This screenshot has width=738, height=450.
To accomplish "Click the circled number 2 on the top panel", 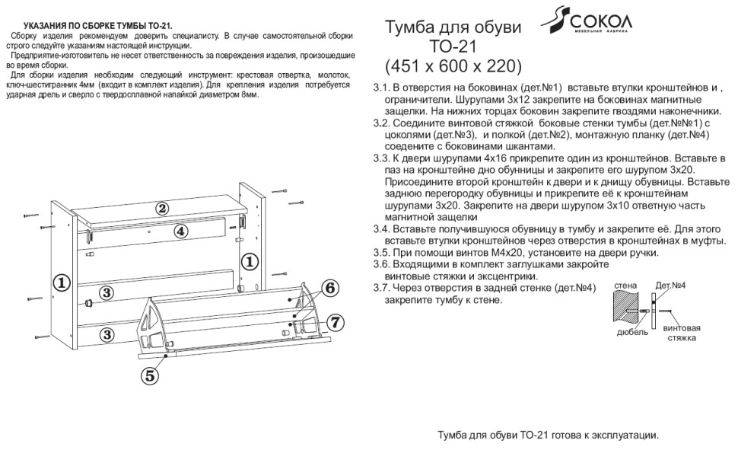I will [162, 208].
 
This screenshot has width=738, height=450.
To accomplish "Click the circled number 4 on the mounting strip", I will [180, 231].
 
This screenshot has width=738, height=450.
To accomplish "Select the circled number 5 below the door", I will [150, 374].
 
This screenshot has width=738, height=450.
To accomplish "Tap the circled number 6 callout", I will [329, 288].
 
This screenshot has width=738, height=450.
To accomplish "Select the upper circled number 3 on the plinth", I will [108, 292].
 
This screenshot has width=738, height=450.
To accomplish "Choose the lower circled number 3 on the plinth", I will [108, 334].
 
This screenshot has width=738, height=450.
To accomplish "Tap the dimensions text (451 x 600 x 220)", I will [454, 63].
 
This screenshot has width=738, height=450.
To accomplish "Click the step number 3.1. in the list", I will [383, 88].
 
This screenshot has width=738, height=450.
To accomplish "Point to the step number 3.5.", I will [383, 253].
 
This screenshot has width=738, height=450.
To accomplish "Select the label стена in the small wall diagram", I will [625, 284].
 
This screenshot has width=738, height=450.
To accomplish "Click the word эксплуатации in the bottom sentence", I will [617, 435].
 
